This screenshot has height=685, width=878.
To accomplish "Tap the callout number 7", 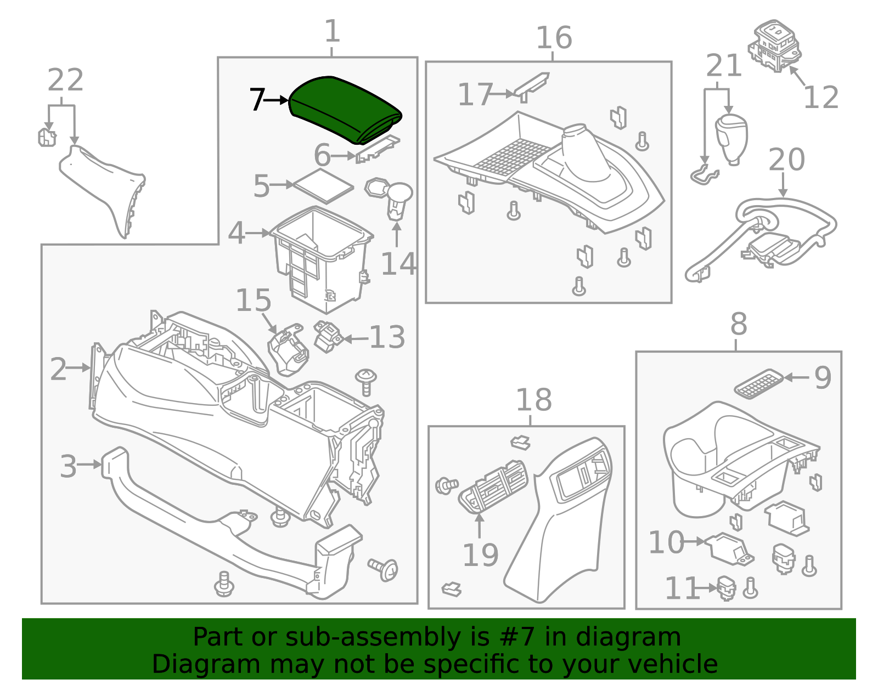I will [x=257, y=100].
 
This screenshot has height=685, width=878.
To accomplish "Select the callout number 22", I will [x=65, y=81].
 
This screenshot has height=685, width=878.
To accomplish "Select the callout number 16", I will [x=554, y=38].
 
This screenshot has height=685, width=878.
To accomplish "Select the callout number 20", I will [x=786, y=160].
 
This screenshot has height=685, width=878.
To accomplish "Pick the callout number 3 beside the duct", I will [x=68, y=466].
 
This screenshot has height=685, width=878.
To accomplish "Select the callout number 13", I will [x=387, y=337].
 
